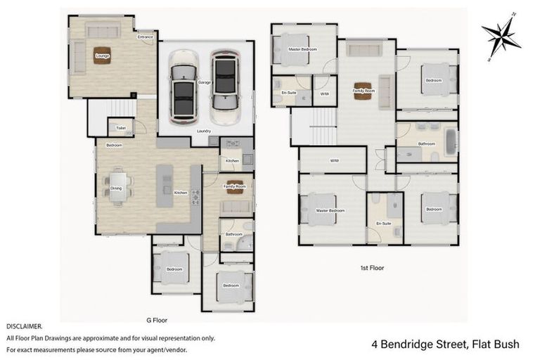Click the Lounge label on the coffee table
click(103, 56)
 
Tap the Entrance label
click(146, 37)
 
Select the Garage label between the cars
click(204, 82)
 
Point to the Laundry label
click(204, 131)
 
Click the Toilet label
click(121, 128)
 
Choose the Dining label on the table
click(116, 188)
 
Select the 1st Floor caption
click(373, 268)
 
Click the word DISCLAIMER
click(25, 327)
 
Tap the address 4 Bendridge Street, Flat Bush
click(445, 344)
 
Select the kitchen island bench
click(164, 185)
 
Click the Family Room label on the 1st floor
click(364, 91)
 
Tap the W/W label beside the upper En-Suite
click(324, 93)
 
